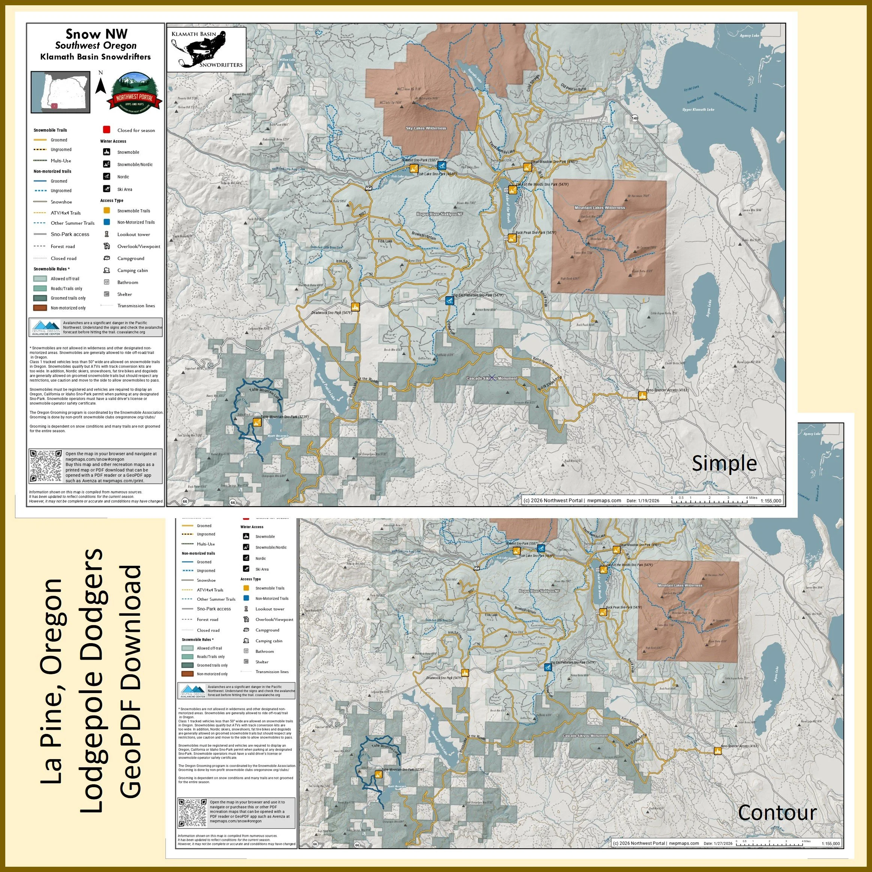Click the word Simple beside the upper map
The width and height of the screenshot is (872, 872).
(x=723, y=463)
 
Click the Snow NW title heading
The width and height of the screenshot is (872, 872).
(x=96, y=34)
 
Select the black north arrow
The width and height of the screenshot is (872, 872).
(x=101, y=86)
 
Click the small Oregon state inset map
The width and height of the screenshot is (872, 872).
(x=60, y=92)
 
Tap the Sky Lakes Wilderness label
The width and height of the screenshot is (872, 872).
(x=425, y=128)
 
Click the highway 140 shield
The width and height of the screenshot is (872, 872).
(x=635, y=118)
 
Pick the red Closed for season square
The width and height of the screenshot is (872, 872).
(x=107, y=130)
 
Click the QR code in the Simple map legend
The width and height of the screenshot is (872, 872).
(x=45, y=466)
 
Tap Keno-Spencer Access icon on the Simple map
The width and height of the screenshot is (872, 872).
(x=642, y=395)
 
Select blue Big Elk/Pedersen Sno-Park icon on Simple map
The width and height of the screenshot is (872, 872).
(x=449, y=301)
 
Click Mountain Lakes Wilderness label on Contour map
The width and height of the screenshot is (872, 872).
(x=680, y=585)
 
